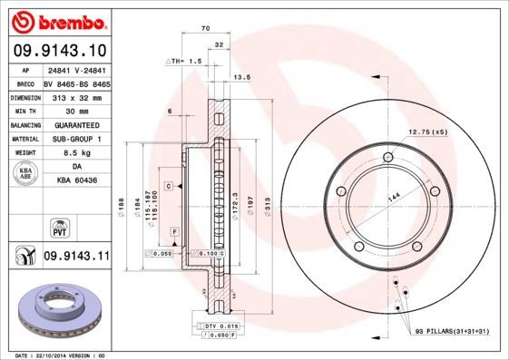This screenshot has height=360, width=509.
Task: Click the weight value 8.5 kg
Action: (x=76, y=153)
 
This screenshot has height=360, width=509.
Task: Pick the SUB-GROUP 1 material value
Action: (x=76, y=139)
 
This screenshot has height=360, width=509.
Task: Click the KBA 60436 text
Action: (x=76, y=181)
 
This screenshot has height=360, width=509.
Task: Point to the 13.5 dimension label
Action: (x=242, y=78)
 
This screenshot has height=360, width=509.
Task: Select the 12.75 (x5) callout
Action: (x=428, y=132)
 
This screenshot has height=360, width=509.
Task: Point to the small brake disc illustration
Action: (x=56, y=311)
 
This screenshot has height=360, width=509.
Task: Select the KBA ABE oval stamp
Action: (x=27, y=175)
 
